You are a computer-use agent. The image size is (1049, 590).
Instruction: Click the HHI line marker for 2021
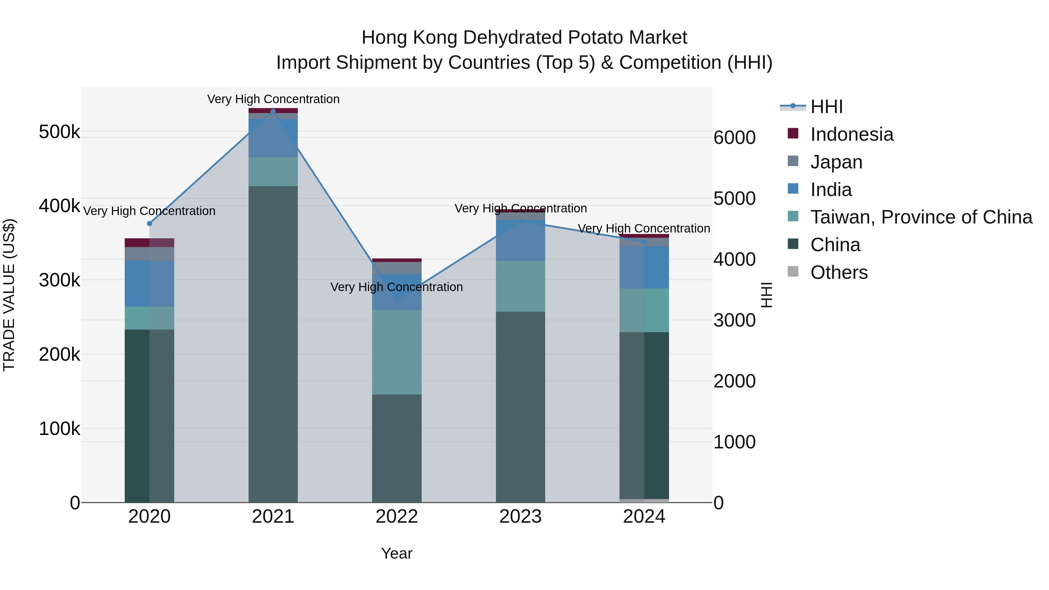coord(273,112)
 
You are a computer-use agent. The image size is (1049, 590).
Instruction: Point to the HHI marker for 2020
coord(149,223)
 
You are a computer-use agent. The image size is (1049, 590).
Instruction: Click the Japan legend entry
coord(836,162)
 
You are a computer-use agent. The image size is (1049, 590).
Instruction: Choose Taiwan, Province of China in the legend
coord(921,217)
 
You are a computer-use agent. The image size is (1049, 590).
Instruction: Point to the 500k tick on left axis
coord(59,132)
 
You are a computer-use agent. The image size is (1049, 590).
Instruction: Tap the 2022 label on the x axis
coord(397,517)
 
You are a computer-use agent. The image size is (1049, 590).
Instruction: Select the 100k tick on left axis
coord(59,429)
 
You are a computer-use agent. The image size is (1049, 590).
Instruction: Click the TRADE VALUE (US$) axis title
coord(9,295)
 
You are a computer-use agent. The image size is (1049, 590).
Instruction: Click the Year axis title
coord(397,553)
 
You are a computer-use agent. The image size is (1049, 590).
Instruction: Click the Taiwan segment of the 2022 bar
coord(397,352)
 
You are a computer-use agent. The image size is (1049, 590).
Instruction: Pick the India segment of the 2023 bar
coord(520,240)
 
